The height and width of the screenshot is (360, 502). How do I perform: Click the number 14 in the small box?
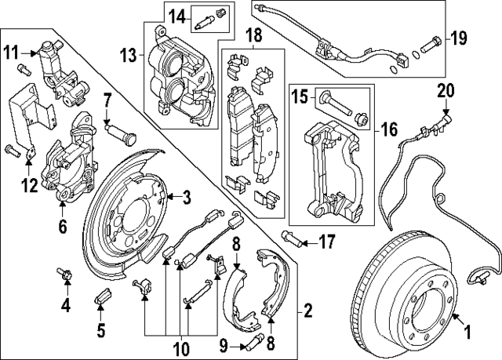176,15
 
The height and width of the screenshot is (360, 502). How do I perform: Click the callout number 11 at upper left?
9,53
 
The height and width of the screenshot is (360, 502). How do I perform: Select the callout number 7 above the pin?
108,100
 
